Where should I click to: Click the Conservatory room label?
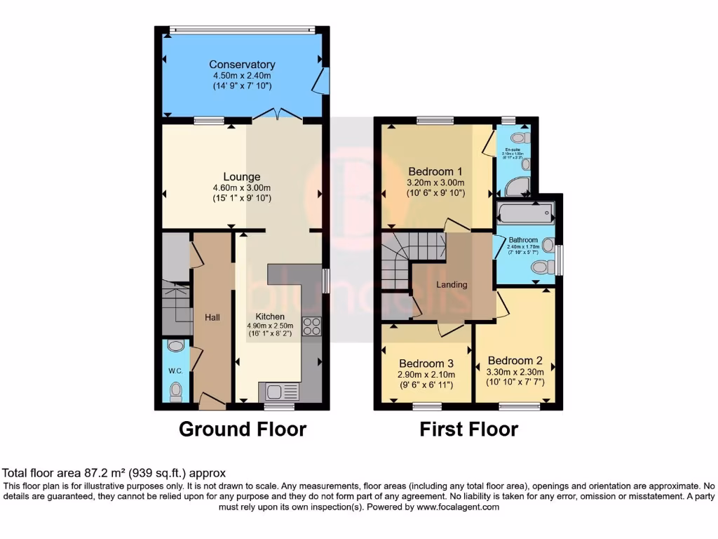pyautogui.click(x=242, y=65)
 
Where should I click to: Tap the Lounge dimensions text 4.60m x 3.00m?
pyautogui.click(x=242, y=187)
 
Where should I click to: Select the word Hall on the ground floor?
pyautogui.click(x=212, y=318)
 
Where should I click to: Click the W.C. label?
pyautogui.click(x=175, y=371)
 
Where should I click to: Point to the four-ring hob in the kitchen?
pyautogui.click(x=311, y=326)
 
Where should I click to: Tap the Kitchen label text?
pyautogui.click(x=269, y=316)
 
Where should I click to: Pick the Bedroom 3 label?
pyautogui.click(x=426, y=364)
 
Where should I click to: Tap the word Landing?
pyautogui.click(x=452, y=284)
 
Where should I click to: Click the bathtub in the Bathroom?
pyautogui.click(x=524, y=211)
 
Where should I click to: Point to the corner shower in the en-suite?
pyautogui.click(x=517, y=185)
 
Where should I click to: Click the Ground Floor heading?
pyautogui.click(x=243, y=429)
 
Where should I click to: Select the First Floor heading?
pyautogui.click(x=468, y=429)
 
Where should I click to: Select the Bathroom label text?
pyautogui.click(x=523, y=240)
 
